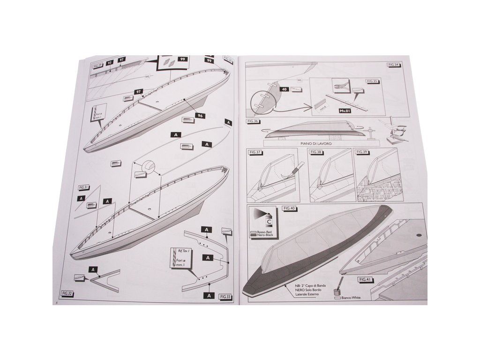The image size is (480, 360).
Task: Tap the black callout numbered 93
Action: click(x=110, y=62)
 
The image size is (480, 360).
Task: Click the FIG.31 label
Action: click(x=84, y=187)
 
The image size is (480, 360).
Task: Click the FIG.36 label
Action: click(x=253, y=121)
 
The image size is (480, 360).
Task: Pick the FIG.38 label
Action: click(x=316, y=152)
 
